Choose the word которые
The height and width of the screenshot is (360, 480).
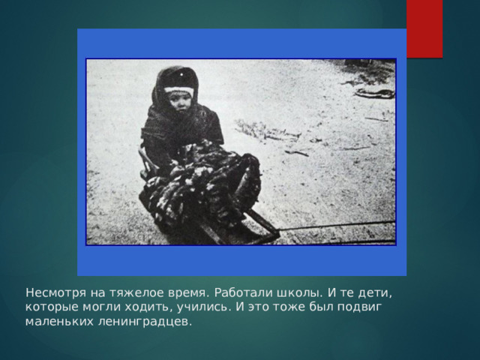tap(50, 307)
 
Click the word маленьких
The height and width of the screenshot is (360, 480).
tap(60, 322)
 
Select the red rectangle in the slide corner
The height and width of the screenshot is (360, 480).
tap(424, 28)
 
